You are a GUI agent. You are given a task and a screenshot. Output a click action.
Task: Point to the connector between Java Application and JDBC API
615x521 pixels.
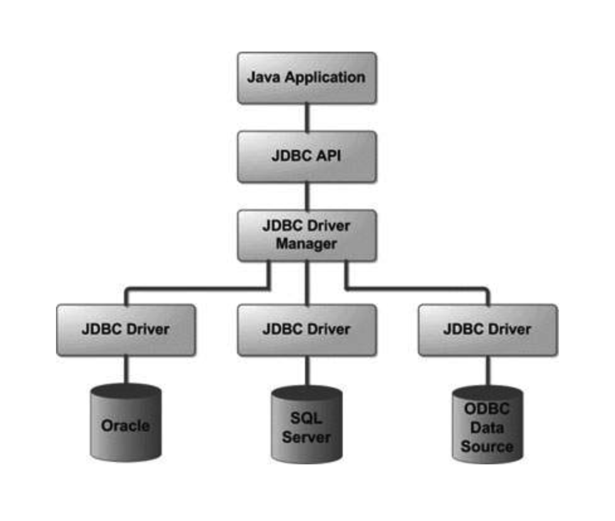point(306,117)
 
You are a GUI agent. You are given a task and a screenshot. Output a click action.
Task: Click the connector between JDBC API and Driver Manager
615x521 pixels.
point(306,196)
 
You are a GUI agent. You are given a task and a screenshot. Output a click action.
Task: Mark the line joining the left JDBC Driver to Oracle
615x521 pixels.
point(126,370)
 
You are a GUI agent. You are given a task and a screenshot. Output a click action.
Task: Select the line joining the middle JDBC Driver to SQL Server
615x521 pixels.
point(306,371)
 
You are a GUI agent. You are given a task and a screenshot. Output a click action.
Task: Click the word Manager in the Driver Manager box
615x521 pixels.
point(306,244)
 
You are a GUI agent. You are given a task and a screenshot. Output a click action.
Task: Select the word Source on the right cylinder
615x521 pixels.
point(487,447)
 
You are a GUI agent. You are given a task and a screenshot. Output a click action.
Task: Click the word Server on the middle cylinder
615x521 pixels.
point(306,437)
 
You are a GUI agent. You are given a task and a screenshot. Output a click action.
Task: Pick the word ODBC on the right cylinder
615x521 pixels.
point(487,408)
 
